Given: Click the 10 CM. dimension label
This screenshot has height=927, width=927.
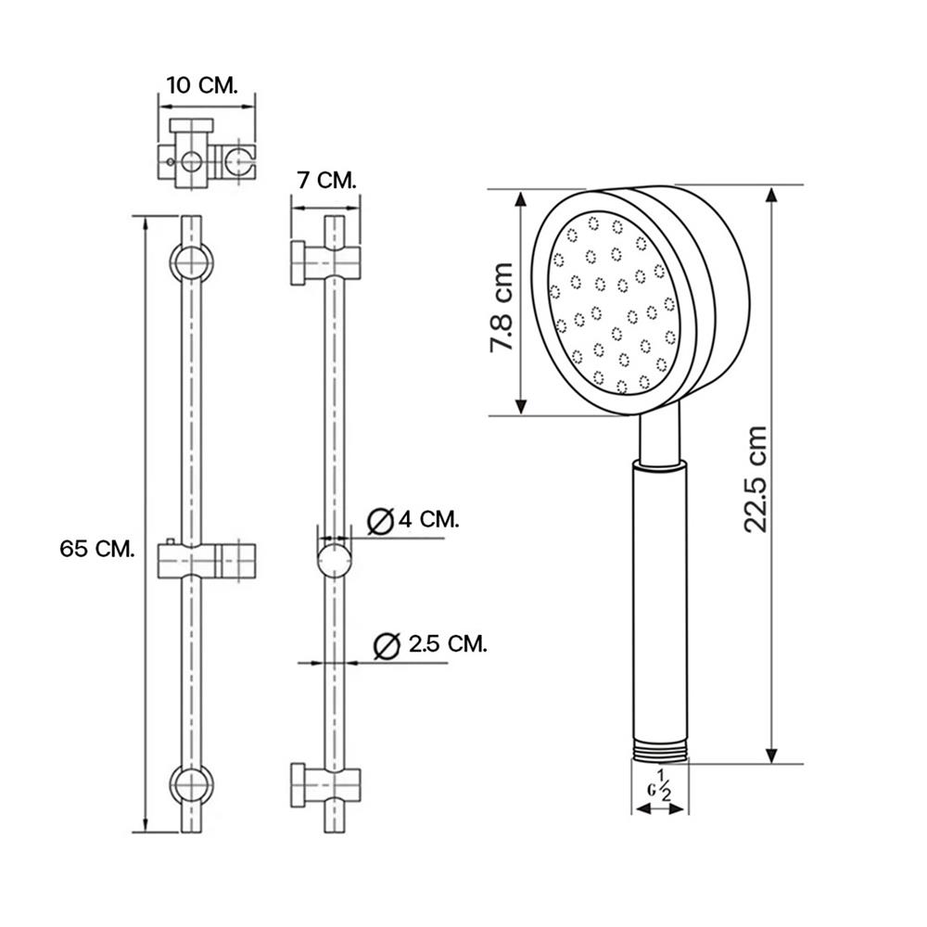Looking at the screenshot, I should pyautogui.click(x=202, y=84).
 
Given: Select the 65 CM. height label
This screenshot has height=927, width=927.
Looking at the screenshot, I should pyautogui.click(x=97, y=548).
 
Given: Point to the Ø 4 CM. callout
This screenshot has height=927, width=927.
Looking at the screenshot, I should pyautogui.click(x=413, y=520).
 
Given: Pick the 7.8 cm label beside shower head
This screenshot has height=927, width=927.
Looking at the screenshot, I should pyautogui.click(x=502, y=306).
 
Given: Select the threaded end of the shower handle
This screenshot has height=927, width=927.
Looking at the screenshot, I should pyautogui.click(x=660, y=751).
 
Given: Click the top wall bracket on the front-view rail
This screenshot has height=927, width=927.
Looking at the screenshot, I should pyautogui.click(x=191, y=263).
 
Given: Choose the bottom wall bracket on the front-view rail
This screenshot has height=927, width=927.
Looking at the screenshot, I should pyautogui.click(x=191, y=783).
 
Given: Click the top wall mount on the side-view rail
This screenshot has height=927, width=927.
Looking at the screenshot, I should pyautogui.click(x=324, y=262).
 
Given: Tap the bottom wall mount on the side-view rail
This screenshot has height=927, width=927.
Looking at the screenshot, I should pyautogui.click(x=324, y=783).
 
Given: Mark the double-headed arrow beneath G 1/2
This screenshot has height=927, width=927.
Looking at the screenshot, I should pyautogui.click(x=660, y=808).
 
